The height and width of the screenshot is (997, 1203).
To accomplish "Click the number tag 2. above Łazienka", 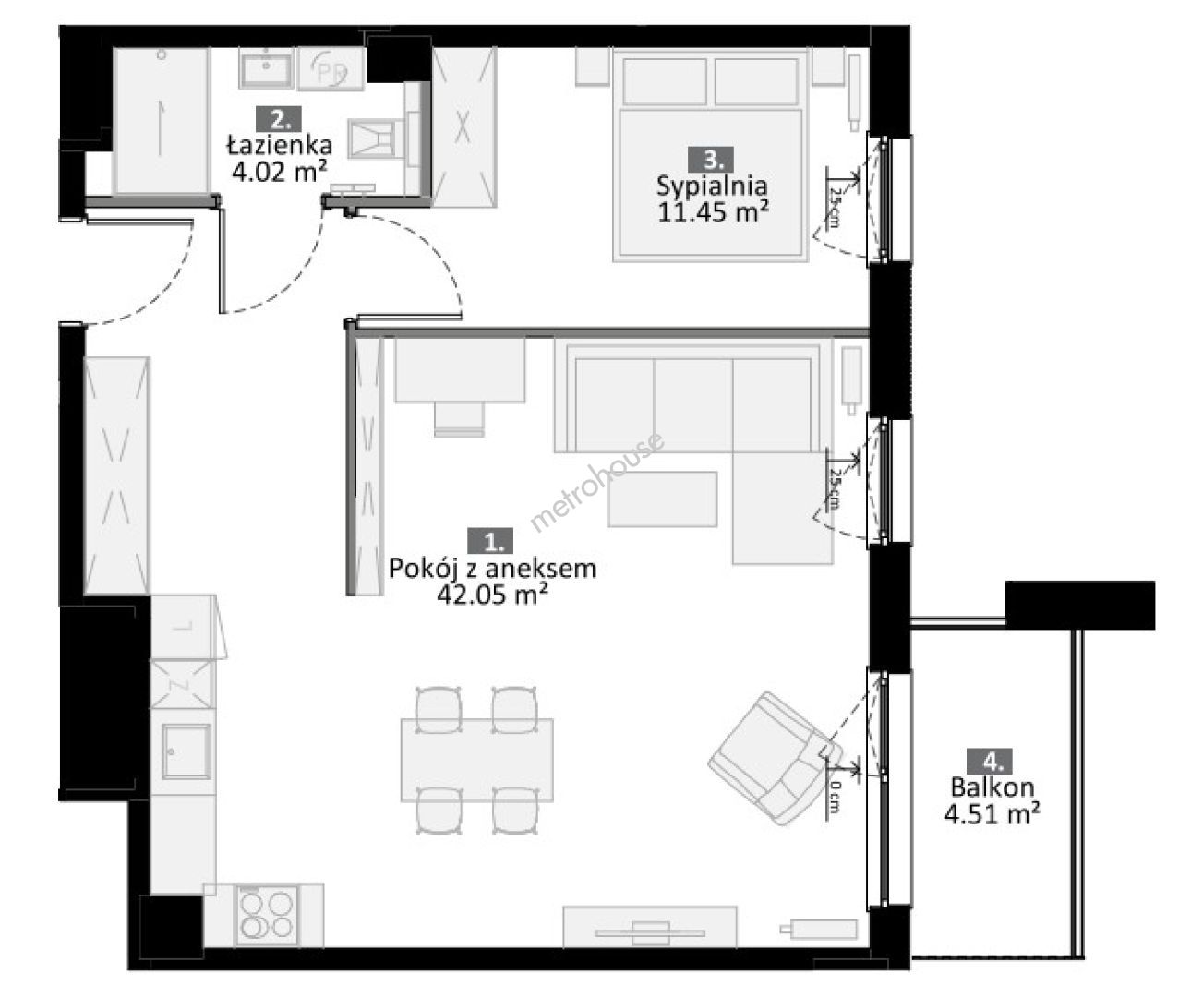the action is click(278, 119).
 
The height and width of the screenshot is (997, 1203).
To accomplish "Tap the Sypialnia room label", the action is click(712, 186).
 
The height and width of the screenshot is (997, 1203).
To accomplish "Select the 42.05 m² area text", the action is click(492, 594).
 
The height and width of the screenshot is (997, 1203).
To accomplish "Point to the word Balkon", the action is click(992, 787).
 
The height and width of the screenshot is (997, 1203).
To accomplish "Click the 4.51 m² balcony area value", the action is click(992, 814).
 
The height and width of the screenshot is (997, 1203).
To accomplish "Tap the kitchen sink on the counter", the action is click(186, 751).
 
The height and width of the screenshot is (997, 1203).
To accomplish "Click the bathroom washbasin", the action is click(266, 67).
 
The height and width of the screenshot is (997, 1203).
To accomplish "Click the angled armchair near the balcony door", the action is click(775, 758).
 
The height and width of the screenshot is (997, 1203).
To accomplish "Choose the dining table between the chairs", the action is click(477, 760).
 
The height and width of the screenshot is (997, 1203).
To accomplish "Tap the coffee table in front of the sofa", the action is click(662, 498).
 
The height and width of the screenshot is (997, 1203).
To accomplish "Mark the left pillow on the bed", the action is click(665, 81).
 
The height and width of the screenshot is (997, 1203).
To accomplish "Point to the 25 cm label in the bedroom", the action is click(835, 207).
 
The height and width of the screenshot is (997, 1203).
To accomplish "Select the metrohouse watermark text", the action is click(596, 482).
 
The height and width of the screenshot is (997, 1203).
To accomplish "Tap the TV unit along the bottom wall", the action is click(650, 926).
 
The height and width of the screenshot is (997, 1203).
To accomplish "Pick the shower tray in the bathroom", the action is click(162, 120).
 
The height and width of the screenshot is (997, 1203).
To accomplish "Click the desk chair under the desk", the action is click(459, 419).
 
